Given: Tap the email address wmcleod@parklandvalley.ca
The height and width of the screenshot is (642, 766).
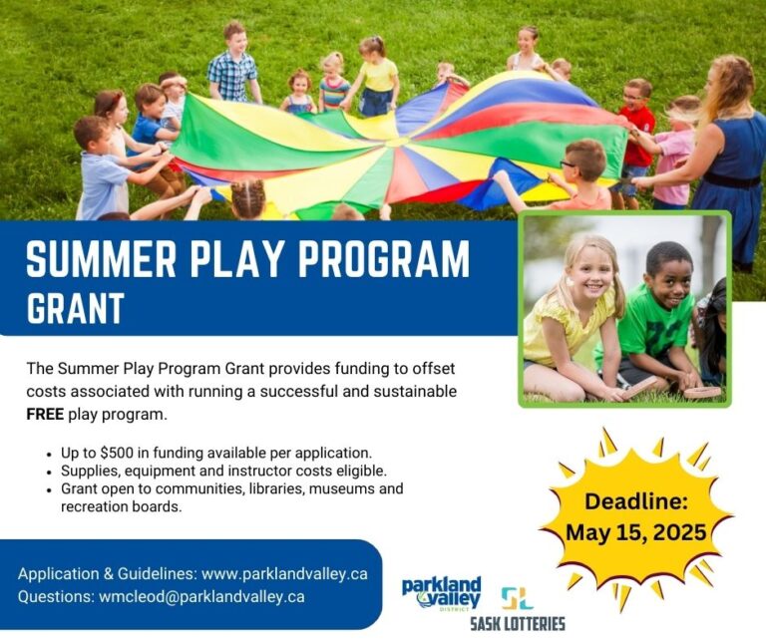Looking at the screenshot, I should (x=200, y=596).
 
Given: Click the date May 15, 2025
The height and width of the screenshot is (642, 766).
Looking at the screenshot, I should (x=635, y=531).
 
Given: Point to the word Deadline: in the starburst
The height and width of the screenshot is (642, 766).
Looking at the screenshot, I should (x=635, y=500).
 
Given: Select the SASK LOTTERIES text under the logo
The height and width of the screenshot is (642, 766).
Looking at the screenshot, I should (x=517, y=624).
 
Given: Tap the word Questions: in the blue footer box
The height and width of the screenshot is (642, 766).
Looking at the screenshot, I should (x=56, y=596).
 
